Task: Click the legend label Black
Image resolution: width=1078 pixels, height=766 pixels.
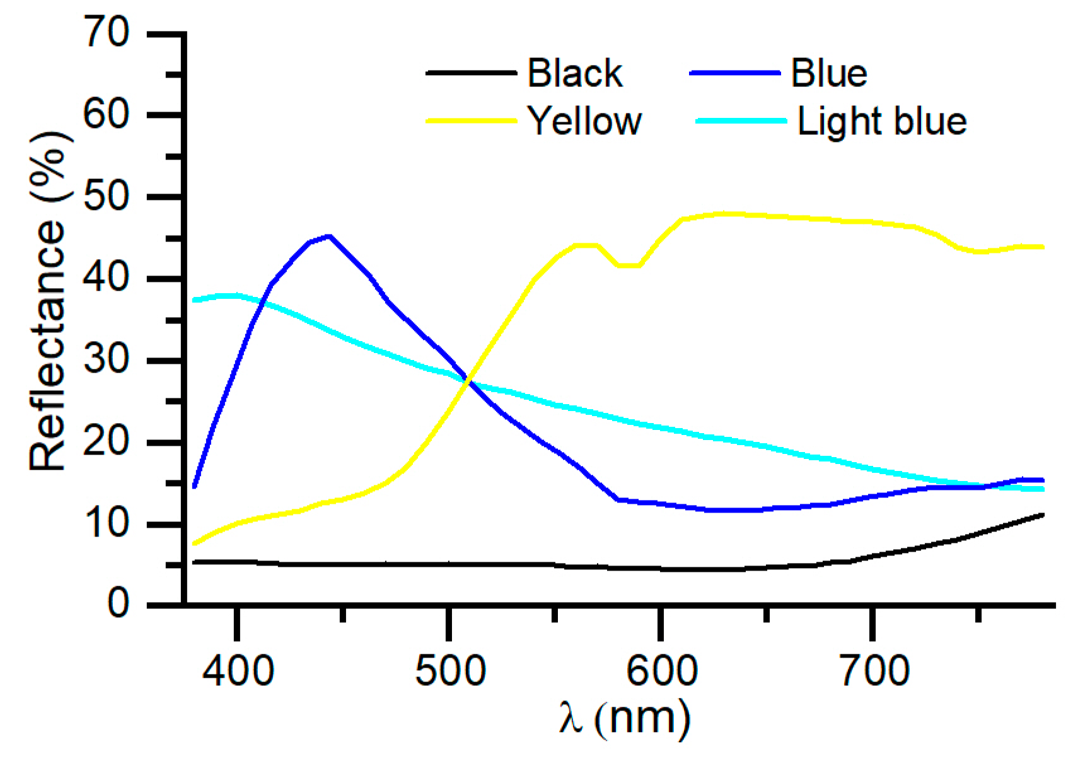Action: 574,73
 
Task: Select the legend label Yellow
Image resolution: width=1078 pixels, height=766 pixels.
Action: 584,120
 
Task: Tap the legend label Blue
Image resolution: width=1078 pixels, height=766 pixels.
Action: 829,73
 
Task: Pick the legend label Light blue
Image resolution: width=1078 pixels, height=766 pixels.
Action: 881,120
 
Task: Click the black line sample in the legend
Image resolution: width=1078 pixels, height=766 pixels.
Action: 471,73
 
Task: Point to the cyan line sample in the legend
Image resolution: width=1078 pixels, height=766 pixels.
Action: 741,120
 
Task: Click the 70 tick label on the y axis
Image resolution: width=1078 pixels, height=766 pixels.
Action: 107,33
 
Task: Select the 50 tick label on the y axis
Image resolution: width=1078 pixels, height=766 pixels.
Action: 107,197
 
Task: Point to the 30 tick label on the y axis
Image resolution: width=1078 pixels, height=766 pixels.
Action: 107,360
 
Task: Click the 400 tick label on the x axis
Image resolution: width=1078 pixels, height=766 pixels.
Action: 238,670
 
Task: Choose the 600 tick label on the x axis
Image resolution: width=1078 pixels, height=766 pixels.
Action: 661,670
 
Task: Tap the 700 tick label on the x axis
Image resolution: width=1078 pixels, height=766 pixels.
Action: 874,670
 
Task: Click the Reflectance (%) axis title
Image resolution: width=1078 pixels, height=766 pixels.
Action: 48,301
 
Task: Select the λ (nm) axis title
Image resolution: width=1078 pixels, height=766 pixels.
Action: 624,719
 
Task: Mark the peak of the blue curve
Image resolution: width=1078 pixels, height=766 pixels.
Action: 329,236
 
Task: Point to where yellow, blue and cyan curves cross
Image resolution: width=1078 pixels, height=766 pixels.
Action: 468,380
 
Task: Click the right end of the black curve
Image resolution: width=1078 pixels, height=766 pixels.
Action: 1043,515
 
